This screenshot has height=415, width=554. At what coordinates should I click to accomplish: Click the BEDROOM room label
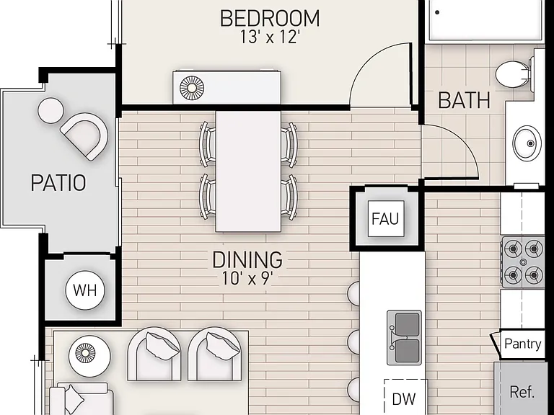[270, 18]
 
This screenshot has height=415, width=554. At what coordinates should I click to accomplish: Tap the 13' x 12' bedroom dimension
[270, 37]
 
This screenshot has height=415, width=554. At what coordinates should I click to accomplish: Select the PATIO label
[58, 183]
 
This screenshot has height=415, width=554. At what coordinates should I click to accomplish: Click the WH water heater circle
[85, 290]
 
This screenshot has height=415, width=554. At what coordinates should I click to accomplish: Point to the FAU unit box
[386, 219]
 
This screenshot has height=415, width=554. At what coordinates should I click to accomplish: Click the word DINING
[247, 260]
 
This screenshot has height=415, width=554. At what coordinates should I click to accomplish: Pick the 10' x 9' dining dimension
[247, 278]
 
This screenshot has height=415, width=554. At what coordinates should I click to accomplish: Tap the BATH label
[465, 100]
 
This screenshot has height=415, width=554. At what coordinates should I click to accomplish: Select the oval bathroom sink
[527, 143]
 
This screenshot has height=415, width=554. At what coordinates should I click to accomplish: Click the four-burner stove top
[523, 262]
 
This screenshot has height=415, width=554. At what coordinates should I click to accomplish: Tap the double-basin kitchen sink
[404, 337]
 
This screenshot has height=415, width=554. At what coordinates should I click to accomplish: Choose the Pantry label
[522, 344]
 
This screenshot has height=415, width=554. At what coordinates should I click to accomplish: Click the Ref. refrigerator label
[522, 392]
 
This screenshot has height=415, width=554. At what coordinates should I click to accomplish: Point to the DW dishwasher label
[404, 399]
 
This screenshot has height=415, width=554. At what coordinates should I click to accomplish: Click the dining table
[248, 171]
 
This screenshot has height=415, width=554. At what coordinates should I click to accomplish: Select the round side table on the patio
[51, 110]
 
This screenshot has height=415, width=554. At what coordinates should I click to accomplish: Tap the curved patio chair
[86, 136]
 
